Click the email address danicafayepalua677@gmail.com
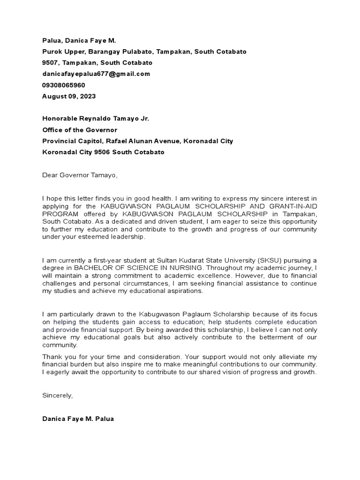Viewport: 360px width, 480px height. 96,74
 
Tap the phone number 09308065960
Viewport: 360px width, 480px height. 64,85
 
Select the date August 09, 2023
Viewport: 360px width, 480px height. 69,96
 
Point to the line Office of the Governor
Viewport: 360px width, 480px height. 80,130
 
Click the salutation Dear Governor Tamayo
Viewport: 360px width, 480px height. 80,175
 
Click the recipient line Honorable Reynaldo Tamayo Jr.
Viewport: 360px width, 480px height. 96,119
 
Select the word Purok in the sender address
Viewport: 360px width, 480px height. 52,51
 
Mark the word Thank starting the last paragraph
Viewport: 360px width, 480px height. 51,357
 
